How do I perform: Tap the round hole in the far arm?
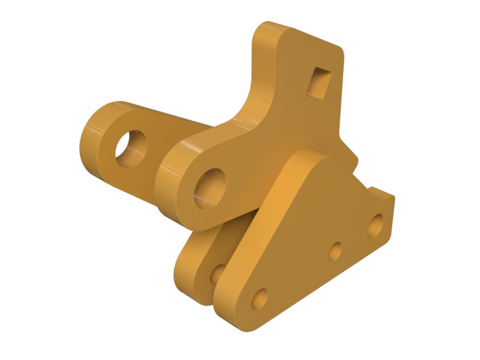point(131,146)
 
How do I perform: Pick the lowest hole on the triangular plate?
point(260,298)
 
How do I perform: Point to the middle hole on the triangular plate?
point(337,251)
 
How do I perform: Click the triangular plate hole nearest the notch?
point(376,224)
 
